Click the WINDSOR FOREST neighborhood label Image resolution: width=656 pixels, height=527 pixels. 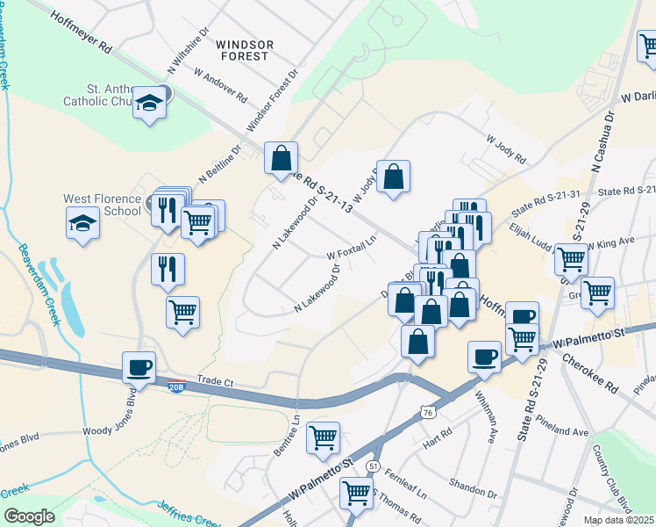tap(245, 49)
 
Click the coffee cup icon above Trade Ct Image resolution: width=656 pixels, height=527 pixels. tap(139, 367)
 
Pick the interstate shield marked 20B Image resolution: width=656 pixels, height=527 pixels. tap(176, 384)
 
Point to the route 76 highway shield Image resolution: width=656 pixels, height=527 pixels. tap(427, 412)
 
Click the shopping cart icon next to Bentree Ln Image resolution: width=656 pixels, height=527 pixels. tap(324, 437)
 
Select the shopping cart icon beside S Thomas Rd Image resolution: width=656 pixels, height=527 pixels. tap(357, 494)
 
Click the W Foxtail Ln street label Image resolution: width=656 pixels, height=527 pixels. tap(351, 245)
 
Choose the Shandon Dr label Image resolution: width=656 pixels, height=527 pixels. tap(474, 486)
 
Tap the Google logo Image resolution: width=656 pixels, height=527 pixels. tap(29, 516)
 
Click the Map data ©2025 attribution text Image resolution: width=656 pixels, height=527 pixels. tap(619, 520)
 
